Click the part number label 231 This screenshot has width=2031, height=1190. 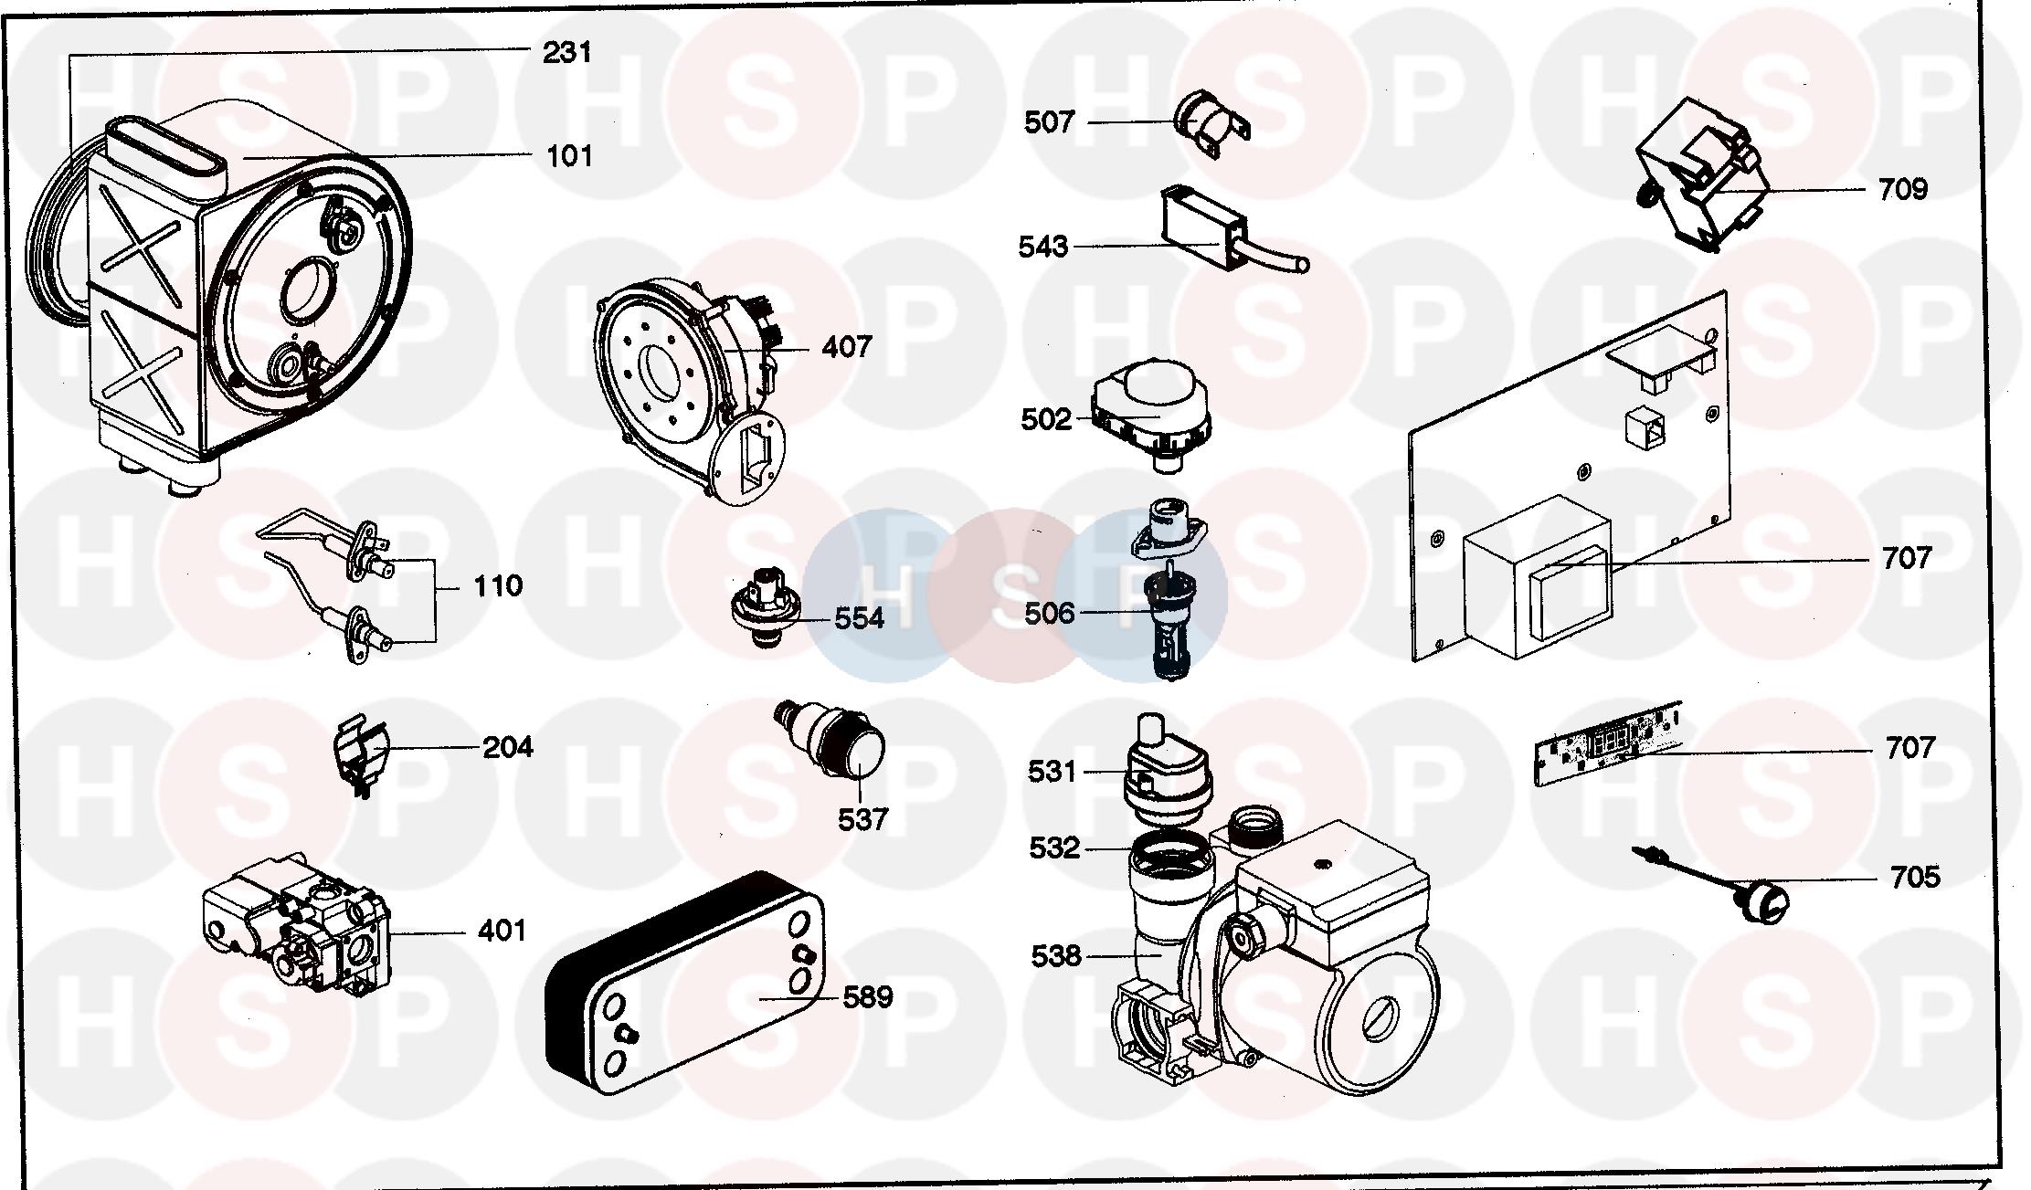tap(567, 53)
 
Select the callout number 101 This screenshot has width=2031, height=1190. tap(569, 156)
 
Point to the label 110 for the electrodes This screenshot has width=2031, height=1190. tap(498, 585)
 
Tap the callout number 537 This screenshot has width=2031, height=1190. tap(862, 819)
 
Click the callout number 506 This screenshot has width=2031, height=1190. tap(1049, 614)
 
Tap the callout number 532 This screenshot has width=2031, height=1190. tap(1054, 848)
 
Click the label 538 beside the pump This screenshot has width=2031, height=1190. tap(1055, 956)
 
